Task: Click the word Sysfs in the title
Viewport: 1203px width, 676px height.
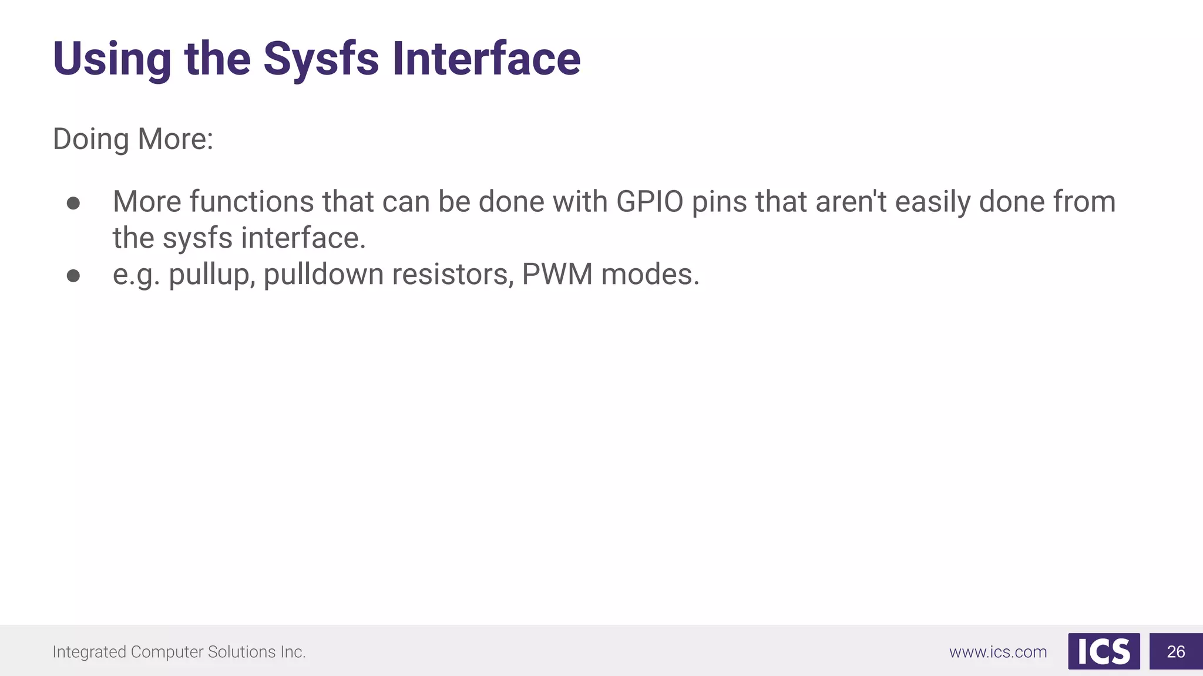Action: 321,59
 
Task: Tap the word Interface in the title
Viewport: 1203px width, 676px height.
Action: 486,59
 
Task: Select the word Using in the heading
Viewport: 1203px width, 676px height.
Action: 112,59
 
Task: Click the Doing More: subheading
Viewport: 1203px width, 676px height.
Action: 133,140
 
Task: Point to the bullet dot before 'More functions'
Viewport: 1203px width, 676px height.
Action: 73,203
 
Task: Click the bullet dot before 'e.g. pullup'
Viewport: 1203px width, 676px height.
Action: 73,276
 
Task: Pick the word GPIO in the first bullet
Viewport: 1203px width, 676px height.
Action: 650,202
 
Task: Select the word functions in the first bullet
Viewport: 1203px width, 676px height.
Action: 251,202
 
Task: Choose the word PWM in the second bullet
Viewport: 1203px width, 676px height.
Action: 557,275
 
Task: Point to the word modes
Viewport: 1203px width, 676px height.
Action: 650,275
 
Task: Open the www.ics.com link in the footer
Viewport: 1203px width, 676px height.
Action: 998,652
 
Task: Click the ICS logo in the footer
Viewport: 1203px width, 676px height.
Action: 1104,651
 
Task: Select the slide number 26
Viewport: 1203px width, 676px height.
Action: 1176,651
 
